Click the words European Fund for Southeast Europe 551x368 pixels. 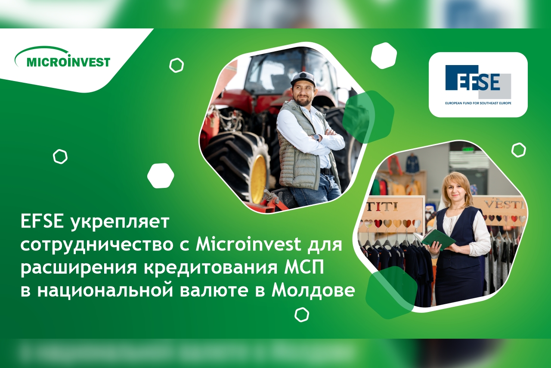click(x=478, y=103)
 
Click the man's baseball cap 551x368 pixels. click(x=303, y=78)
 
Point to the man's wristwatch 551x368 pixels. click(x=316, y=137)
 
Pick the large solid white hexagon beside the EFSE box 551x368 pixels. click(x=384, y=56)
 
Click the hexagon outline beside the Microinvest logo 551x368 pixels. click(x=176, y=65)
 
